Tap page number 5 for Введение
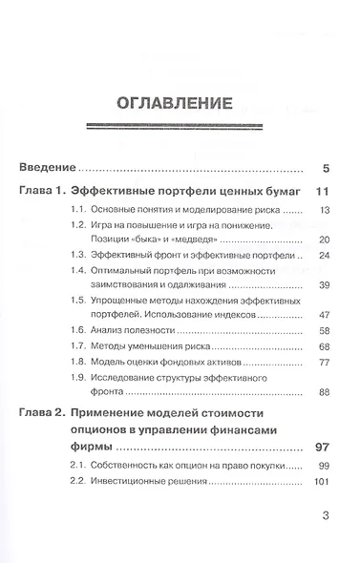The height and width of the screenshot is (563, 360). (326, 171)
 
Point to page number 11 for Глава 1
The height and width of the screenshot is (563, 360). (322, 194)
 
